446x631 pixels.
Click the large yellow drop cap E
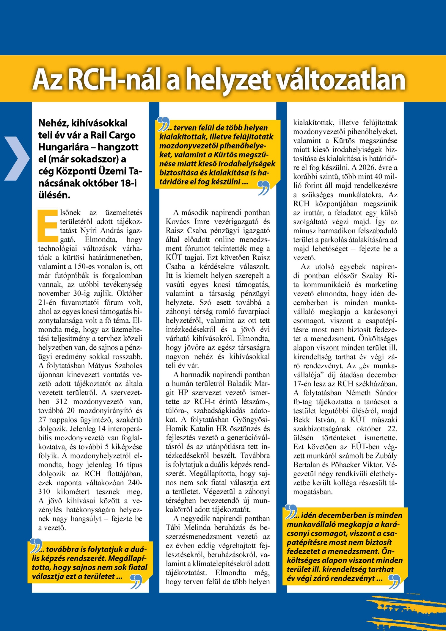tap(48, 226)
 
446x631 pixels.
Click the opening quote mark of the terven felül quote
tap(163, 124)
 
